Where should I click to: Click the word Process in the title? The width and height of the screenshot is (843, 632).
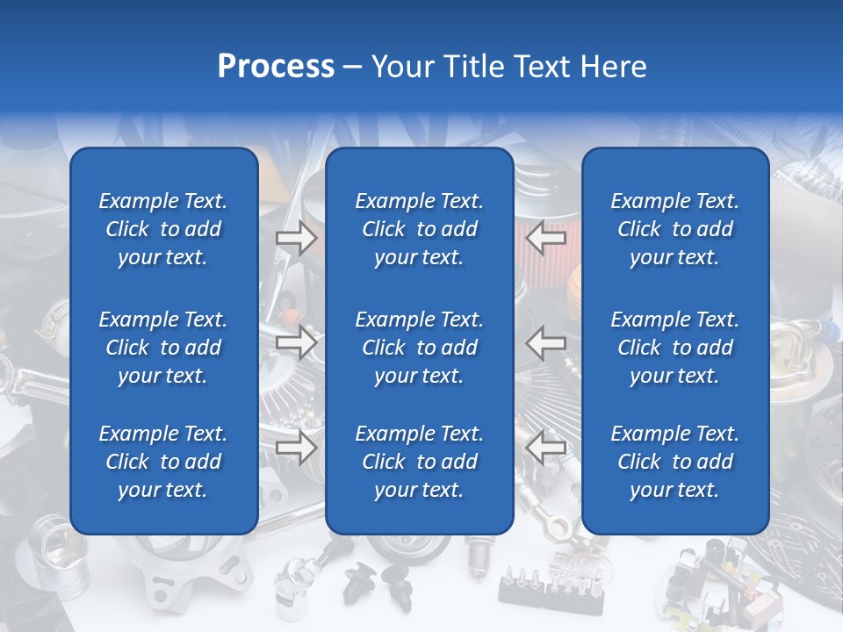click(276, 67)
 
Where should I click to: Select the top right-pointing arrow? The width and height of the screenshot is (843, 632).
click(297, 238)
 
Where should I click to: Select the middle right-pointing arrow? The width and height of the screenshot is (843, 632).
click(297, 342)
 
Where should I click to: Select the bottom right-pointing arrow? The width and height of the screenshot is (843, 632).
click(297, 448)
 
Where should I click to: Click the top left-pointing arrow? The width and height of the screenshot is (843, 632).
click(546, 238)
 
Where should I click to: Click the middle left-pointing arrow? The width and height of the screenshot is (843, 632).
click(546, 342)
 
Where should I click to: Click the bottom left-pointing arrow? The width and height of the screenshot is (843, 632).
click(546, 448)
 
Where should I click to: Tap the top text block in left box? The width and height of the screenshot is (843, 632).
click(163, 229)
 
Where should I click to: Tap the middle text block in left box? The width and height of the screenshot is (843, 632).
click(163, 348)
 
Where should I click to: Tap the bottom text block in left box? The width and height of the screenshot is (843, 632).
click(163, 462)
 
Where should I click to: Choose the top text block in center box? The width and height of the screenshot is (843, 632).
click(419, 229)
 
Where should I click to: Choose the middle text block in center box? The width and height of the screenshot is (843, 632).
click(419, 348)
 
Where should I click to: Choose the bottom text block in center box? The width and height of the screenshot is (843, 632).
click(419, 462)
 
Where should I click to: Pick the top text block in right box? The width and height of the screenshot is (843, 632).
click(674, 229)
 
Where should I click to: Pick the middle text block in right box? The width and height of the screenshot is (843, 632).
click(674, 348)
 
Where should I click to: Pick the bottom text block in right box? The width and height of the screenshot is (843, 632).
click(674, 462)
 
